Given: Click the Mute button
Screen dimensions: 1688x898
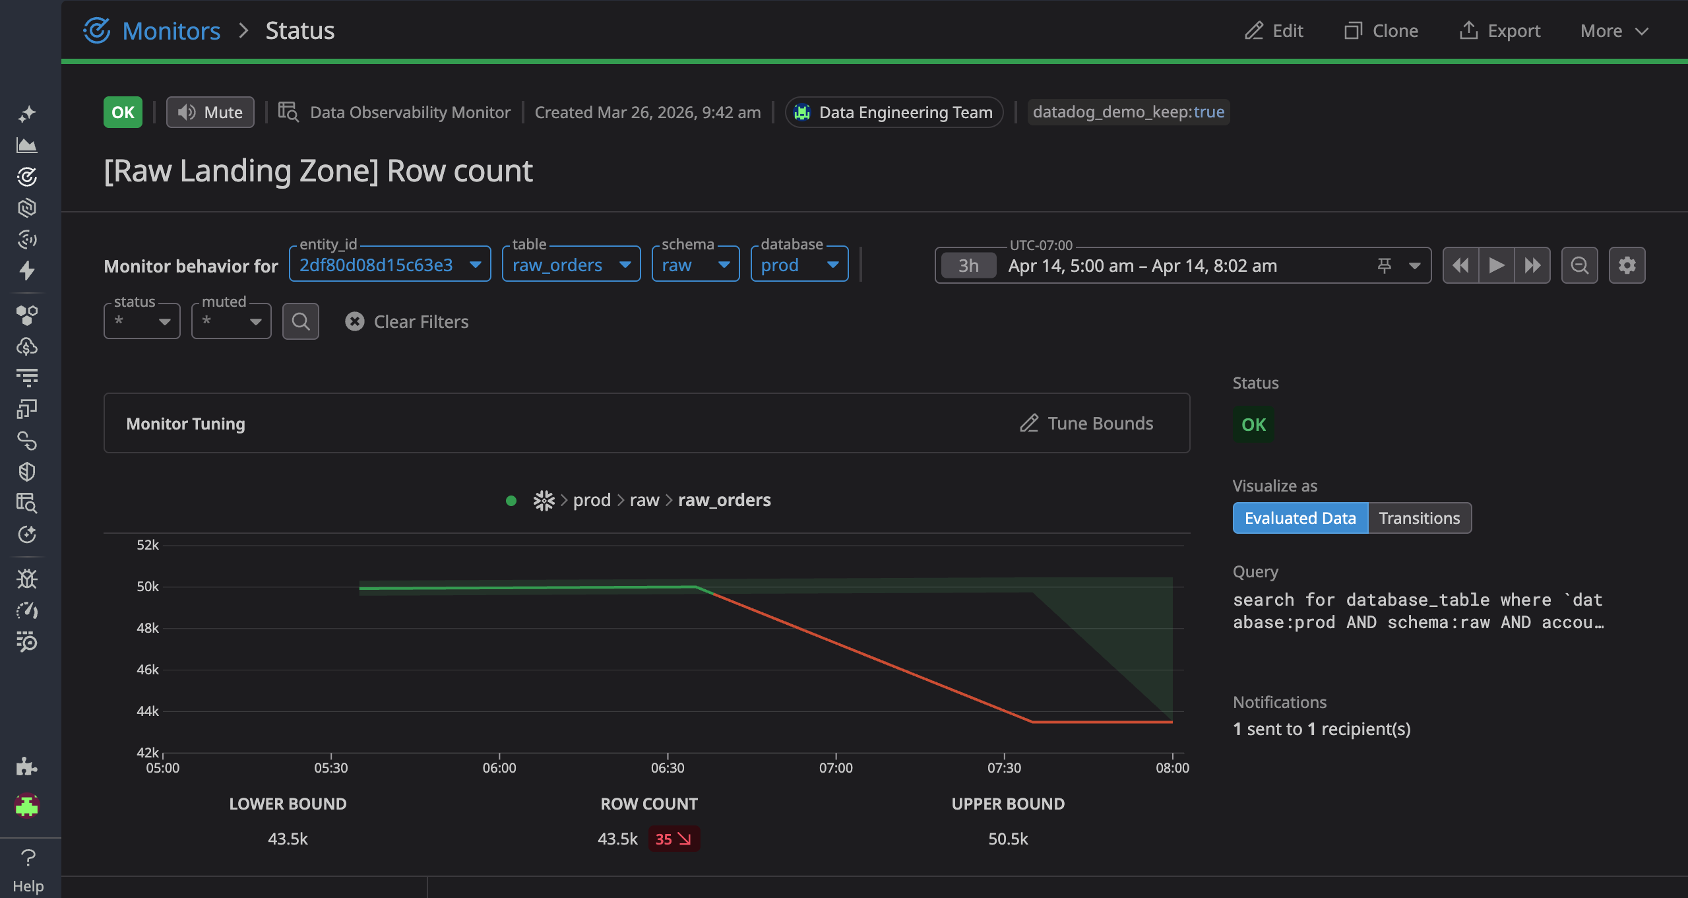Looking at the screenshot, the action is point(210,112).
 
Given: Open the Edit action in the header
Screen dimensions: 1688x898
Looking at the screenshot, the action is point(1274,31).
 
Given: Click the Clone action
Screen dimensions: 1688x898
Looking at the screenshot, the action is point(1381,31).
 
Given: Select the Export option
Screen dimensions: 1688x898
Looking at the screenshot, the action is point(1499,31).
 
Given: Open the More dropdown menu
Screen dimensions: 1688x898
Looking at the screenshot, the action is point(1614,31).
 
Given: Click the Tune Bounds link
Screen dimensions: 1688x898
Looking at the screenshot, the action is point(1086,424).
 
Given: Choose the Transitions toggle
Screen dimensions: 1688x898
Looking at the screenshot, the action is point(1420,518).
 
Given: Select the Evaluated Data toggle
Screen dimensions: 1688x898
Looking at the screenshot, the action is point(1300,518).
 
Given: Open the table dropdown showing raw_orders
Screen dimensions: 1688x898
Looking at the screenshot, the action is point(571,265).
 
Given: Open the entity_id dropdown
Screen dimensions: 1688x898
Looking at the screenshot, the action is point(390,265).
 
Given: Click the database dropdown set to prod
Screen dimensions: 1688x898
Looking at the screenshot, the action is point(799,265).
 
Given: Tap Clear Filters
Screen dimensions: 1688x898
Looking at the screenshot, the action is point(407,321).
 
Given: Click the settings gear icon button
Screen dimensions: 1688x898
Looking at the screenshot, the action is point(1627,265).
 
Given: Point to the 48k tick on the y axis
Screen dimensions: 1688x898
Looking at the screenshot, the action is point(148,628).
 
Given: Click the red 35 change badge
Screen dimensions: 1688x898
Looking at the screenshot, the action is point(673,839).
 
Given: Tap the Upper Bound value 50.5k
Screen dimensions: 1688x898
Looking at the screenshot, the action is point(1008,839).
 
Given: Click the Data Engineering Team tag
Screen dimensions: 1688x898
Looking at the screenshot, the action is point(894,112).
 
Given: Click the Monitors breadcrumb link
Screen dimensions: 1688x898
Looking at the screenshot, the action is point(172,31).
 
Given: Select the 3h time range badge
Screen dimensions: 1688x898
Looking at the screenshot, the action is point(968,265).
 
